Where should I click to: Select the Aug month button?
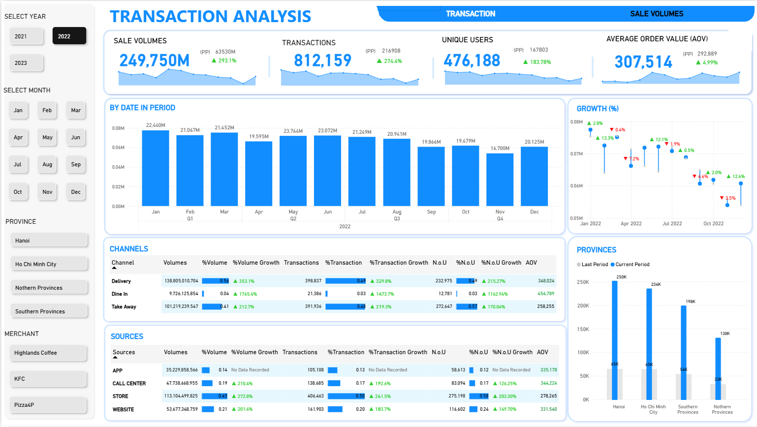(x=47, y=165)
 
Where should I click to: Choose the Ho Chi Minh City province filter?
(x=49, y=264)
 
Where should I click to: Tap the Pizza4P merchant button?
(x=48, y=405)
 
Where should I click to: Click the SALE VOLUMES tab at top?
(x=657, y=14)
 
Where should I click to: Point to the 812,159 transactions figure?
(x=322, y=61)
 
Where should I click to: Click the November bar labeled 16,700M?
(x=500, y=180)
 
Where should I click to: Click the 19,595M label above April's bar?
(x=259, y=137)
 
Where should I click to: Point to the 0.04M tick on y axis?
(x=118, y=167)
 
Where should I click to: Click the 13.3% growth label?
(x=607, y=138)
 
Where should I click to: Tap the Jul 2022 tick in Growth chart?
(x=672, y=224)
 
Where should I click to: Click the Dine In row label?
(x=120, y=294)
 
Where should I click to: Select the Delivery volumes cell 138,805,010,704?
(x=181, y=281)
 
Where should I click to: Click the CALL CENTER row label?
(x=129, y=384)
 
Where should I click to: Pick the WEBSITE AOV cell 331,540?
(x=548, y=409)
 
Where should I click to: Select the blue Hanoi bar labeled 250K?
(x=615, y=339)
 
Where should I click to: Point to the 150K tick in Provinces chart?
(x=583, y=329)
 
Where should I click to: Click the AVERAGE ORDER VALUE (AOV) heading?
(x=657, y=39)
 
